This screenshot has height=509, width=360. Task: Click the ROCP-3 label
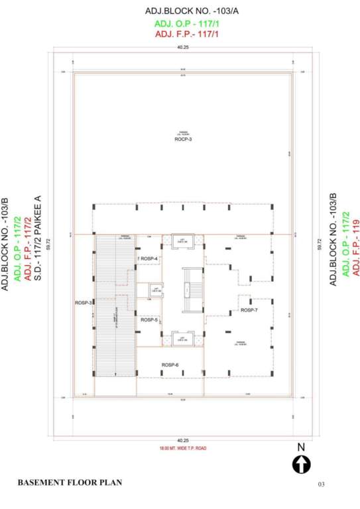(183, 139)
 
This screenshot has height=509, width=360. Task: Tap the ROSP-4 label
(149, 258)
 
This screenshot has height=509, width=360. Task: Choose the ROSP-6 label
(170, 365)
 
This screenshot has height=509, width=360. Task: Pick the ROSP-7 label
(249, 310)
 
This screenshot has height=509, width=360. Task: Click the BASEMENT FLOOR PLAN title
(70, 482)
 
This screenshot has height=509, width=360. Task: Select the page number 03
(322, 484)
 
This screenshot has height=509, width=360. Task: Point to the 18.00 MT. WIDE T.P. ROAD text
(183, 449)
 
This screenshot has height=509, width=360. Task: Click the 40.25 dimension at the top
(183, 48)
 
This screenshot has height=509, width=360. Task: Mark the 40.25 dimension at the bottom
(183, 441)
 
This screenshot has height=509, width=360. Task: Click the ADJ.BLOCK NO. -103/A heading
(183, 11)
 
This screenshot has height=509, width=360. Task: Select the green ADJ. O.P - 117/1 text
(183, 24)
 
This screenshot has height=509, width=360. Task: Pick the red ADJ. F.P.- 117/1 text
(183, 34)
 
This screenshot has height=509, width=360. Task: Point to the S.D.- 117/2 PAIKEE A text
(38, 239)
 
